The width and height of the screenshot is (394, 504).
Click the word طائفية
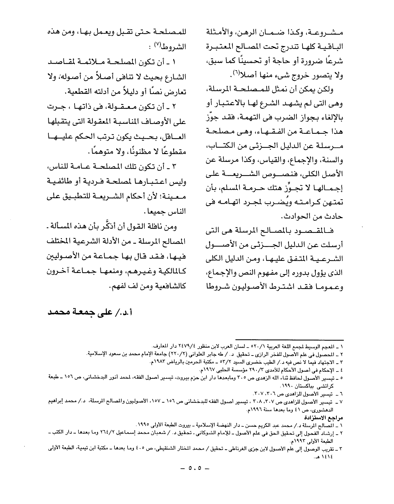pos(61,181)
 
